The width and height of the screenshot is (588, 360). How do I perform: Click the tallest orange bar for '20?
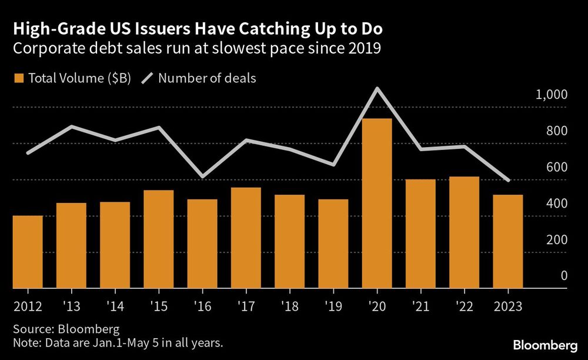(377, 204)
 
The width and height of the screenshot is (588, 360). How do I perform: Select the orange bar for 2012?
(28, 252)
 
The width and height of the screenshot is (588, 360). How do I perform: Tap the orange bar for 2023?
(507, 242)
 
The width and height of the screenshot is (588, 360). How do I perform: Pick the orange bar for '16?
(202, 244)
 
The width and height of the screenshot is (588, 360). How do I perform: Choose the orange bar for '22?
(464, 233)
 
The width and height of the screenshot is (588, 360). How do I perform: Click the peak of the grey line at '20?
(377, 89)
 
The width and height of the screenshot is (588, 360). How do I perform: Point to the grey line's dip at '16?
(202, 176)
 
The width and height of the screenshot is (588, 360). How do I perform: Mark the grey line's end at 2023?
(508, 180)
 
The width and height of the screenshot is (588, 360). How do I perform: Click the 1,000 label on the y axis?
(551, 95)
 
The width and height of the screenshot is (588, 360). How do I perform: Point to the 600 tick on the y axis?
(554, 168)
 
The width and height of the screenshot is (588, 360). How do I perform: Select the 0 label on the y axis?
(563, 276)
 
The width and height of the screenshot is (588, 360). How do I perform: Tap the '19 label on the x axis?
(333, 306)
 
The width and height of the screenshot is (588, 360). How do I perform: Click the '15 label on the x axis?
(159, 306)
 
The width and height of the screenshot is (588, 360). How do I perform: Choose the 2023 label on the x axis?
(507, 306)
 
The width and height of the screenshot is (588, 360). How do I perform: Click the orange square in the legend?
(18, 78)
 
